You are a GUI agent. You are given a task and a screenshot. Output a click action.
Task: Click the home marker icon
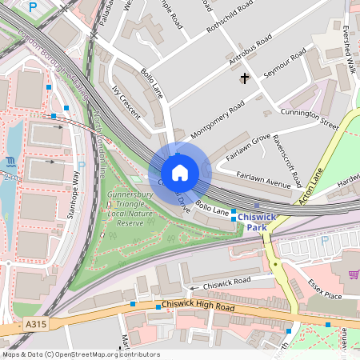180,173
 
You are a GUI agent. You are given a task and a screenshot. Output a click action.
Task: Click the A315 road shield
36,324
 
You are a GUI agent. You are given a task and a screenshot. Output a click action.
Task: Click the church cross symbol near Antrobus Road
244,78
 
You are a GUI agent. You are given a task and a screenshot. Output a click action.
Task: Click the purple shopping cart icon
354,274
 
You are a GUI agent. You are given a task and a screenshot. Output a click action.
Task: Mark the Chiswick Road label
226,282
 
